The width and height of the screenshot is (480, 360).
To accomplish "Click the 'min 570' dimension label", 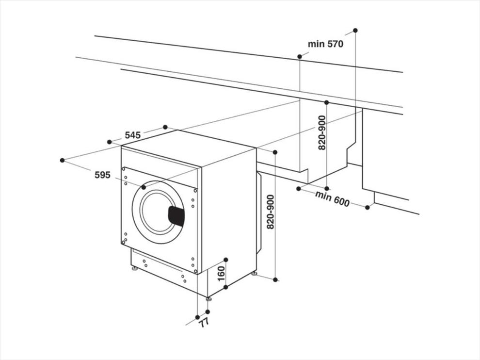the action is [x=325, y=44].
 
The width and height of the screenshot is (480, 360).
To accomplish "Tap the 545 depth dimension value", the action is [x=132, y=135].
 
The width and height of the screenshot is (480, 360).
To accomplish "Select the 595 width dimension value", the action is [x=102, y=175].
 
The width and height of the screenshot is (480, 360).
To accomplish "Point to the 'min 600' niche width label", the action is [x=332, y=198].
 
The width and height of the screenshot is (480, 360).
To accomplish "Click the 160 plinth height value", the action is [x=221, y=274].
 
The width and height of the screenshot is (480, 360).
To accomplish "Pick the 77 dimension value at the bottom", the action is [x=204, y=323].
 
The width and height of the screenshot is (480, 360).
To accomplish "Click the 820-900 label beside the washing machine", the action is [x=271, y=212].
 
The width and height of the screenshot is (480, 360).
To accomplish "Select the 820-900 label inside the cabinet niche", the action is [x=322, y=132].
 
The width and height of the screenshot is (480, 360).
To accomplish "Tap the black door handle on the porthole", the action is [x=176, y=216].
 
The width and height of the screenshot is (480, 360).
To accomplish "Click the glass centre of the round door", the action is [x=156, y=212].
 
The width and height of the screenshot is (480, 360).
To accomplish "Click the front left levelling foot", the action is [x=134, y=269].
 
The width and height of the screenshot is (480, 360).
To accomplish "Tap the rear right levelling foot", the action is [x=254, y=274].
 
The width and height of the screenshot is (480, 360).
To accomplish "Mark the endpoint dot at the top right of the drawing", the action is [x=355, y=31].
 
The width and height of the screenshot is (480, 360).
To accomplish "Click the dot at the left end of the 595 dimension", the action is [x=63, y=160].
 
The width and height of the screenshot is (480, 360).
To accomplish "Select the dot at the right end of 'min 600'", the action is [x=368, y=208].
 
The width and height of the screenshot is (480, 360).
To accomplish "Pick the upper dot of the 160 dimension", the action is [x=226, y=260].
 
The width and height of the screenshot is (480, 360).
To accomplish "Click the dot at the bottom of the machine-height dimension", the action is [x=275, y=279].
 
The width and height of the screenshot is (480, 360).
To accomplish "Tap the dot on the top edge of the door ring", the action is [x=144, y=187].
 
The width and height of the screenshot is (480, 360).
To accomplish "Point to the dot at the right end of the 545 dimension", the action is [x=165, y=127].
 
